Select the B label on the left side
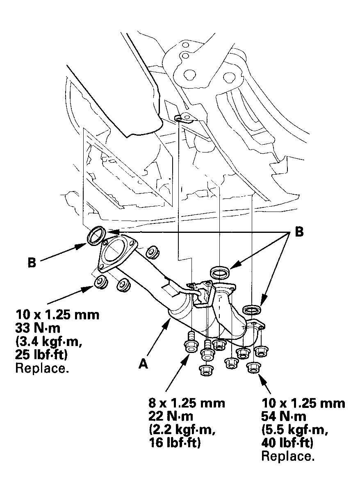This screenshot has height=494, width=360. click(32, 262)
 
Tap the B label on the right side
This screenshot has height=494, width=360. click(299, 232)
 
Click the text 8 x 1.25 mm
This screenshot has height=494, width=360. click(187, 403)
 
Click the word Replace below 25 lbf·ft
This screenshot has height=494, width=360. click(41, 368)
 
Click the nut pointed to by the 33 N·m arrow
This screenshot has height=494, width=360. click(100, 282)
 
